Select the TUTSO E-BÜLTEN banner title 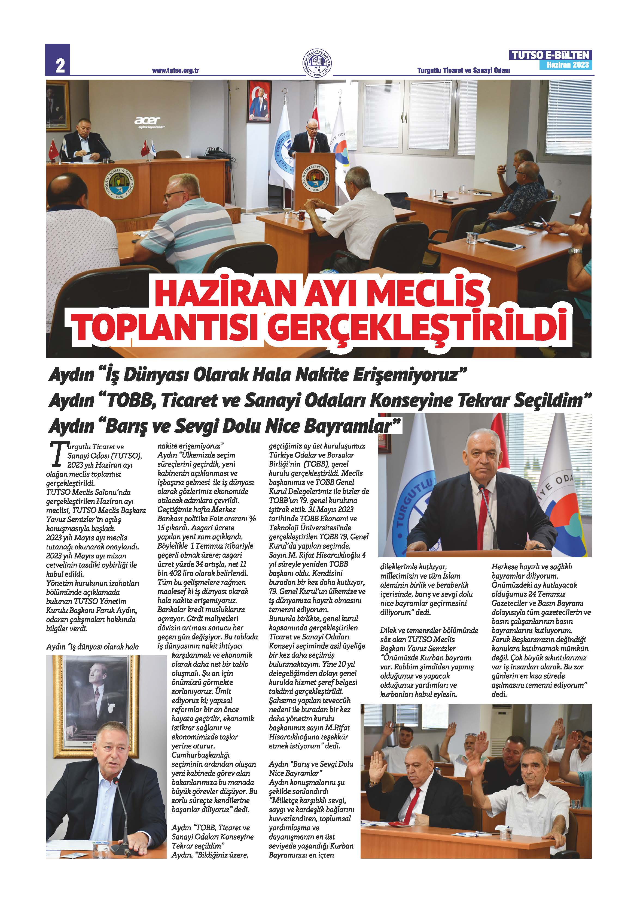550,55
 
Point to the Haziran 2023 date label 568,65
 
